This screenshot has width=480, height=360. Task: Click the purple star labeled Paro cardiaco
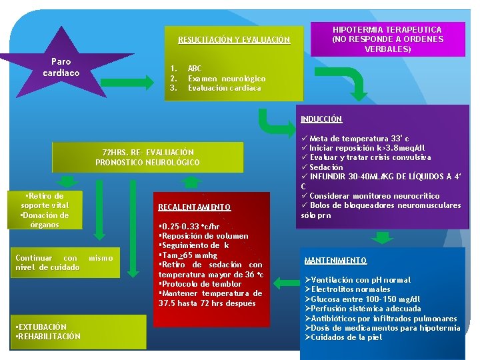(x=61, y=67)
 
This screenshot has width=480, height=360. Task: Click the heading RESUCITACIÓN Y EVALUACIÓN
(x=234, y=40)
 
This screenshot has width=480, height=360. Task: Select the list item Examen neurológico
(x=226, y=79)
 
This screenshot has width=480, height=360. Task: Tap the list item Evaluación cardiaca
(x=224, y=88)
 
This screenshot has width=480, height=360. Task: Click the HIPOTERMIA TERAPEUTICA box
(x=387, y=39)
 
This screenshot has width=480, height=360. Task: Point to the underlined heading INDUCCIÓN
(x=321, y=119)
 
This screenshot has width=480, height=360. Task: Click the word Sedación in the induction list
(x=326, y=167)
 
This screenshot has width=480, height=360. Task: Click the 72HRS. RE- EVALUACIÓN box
(x=148, y=157)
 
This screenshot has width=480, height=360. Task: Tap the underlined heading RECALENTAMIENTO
(x=195, y=207)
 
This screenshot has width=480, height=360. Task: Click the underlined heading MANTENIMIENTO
(x=335, y=260)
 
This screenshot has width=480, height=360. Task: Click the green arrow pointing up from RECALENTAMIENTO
(x=192, y=181)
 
